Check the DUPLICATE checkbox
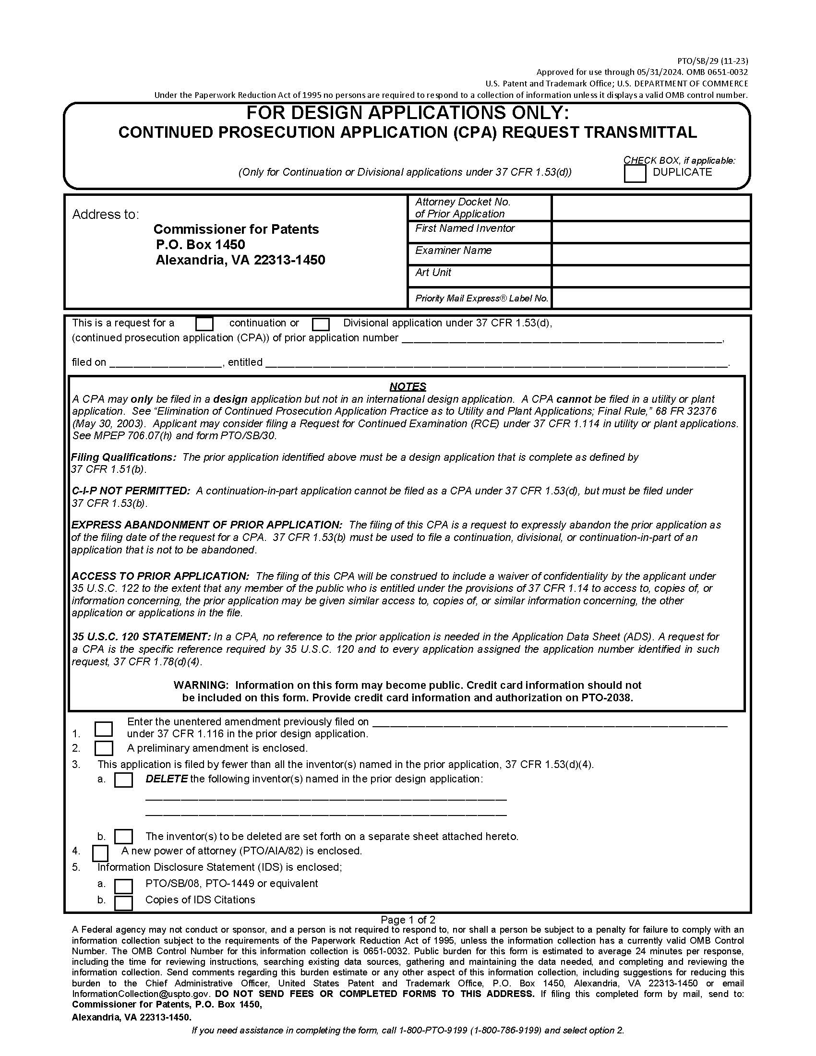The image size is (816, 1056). click(x=635, y=174)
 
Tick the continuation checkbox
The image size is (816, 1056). click(x=204, y=324)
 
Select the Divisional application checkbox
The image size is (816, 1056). click(x=321, y=324)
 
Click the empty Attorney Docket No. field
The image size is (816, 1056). click(x=651, y=208)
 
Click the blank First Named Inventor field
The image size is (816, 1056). click(x=651, y=232)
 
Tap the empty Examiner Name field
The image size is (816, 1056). click(x=651, y=254)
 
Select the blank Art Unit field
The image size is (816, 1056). click(x=651, y=276)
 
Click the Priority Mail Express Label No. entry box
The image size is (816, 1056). click(x=651, y=299)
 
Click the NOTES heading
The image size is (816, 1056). click(x=408, y=386)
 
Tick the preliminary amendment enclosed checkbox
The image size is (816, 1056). click(x=104, y=748)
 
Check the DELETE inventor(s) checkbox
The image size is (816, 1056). click(x=123, y=780)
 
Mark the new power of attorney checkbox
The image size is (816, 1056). click(x=100, y=853)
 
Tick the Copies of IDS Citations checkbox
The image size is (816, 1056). click(x=123, y=903)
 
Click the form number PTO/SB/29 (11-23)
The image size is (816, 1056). click(x=712, y=61)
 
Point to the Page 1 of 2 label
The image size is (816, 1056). click(x=408, y=920)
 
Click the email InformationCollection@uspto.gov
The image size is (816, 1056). click(x=141, y=994)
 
